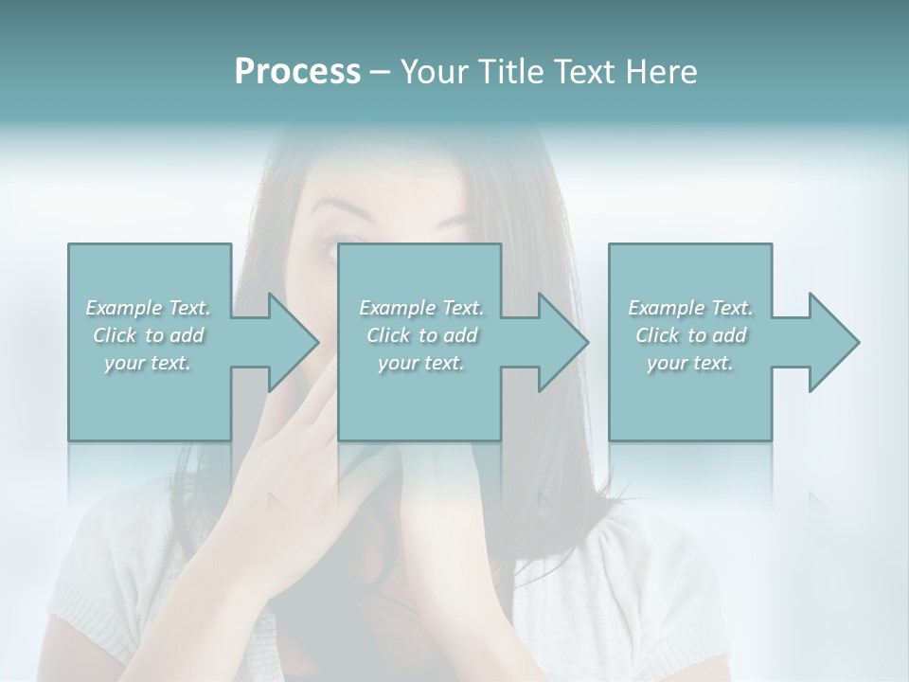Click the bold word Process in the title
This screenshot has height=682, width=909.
click(x=297, y=72)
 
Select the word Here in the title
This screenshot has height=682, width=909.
click(x=662, y=72)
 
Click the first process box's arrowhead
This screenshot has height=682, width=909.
click(x=290, y=342)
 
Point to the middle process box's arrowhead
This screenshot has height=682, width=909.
click(x=561, y=342)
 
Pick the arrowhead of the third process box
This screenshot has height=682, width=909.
click(x=831, y=342)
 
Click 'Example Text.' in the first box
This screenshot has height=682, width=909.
click(x=149, y=308)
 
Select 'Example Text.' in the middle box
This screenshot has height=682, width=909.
click(x=421, y=308)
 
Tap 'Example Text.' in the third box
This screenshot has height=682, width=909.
click(x=690, y=308)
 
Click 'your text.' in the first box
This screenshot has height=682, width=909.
click(x=149, y=363)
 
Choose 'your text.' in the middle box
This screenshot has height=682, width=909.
click(x=421, y=363)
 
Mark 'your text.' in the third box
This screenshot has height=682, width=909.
click(x=690, y=363)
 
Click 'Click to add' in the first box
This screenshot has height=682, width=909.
click(x=149, y=335)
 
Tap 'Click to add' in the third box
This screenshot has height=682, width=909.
click(x=690, y=335)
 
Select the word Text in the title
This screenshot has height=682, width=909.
click(x=585, y=72)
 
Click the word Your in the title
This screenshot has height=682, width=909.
click(x=435, y=72)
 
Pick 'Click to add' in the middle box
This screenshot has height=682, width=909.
click(x=421, y=335)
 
